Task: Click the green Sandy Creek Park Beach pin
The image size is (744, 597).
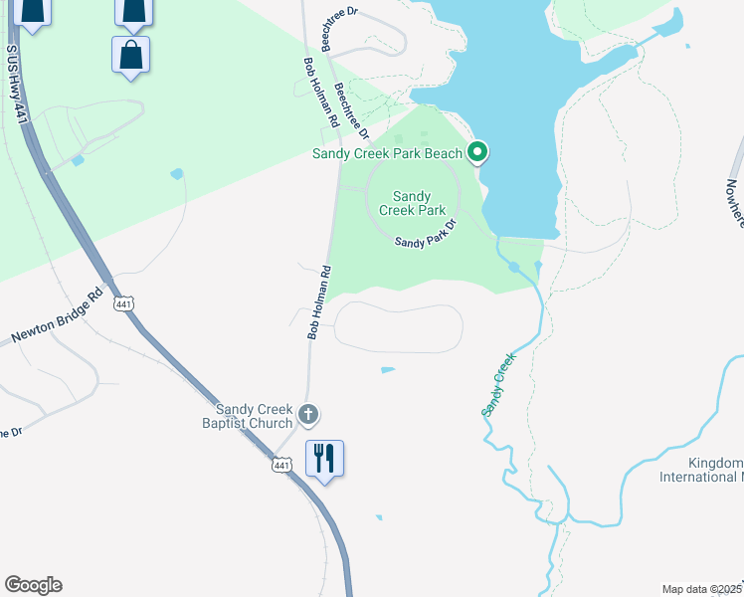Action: (x=477, y=152)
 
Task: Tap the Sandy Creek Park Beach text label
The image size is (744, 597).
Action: (x=387, y=153)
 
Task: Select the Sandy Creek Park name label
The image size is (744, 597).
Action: (x=418, y=203)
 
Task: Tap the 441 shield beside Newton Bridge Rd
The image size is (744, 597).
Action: (x=123, y=303)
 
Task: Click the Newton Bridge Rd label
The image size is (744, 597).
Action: (x=57, y=317)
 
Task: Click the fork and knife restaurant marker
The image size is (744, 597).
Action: (x=324, y=458)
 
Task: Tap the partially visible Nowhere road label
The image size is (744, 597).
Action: (x=733, y=204)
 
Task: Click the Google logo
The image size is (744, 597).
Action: (x=33, y=585)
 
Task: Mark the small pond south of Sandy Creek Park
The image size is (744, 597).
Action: (x=387, y=370)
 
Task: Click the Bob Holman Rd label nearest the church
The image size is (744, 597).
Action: (x=317, y=302)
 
